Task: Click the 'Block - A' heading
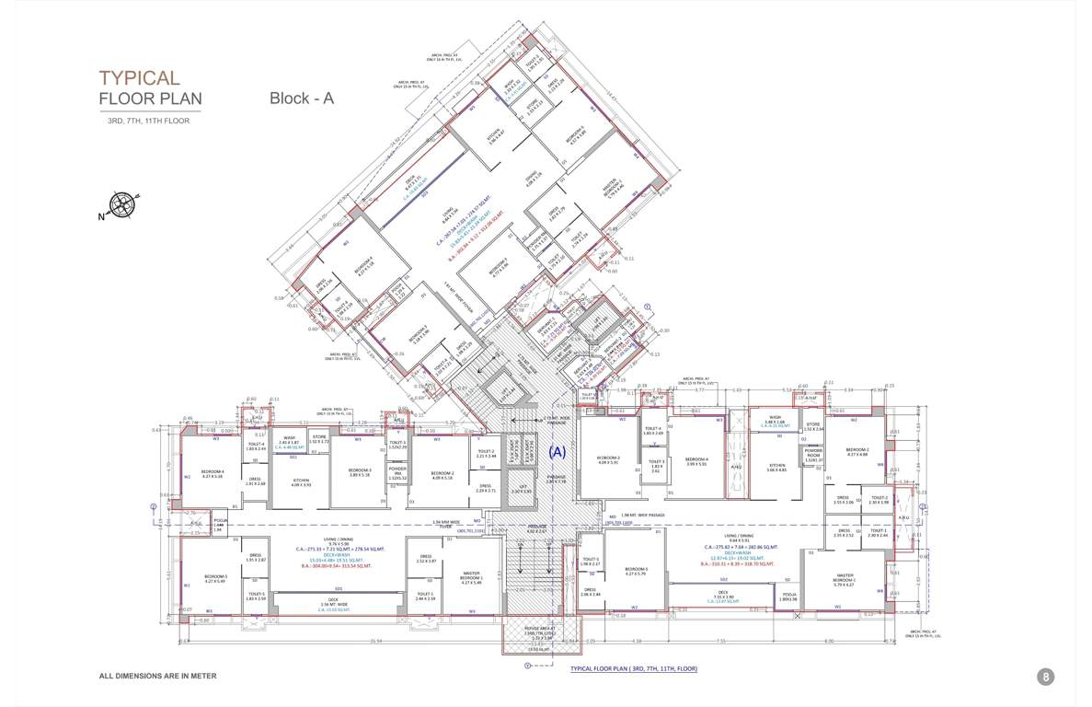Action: (x=301, y=99)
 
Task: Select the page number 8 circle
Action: (x=1045, y=677)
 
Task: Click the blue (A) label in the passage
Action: (x=557, y=452)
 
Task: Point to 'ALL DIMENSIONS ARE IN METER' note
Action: (x=157, y=676)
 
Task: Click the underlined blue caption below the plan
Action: (x=634, y=668)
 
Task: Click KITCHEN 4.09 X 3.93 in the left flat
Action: (x=301, y=481)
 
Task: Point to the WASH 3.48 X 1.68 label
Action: (x=770, y=423)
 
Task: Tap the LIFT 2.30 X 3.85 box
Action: (x=522, y=489)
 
